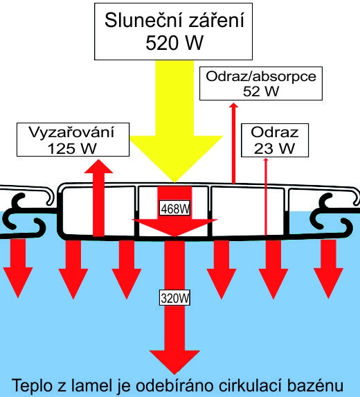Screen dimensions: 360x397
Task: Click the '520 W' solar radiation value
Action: [174, 43]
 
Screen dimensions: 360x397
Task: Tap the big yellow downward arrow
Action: [176, 121]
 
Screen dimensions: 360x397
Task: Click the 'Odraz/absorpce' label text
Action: [261, 76]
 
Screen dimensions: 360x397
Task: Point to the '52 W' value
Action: [261, 91]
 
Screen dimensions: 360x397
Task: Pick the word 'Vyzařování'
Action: [71, 132]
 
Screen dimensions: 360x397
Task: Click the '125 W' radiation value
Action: [72, 148]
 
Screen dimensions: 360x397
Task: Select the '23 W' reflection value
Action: [274, 148]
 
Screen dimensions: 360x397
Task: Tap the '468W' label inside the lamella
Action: [175, 209]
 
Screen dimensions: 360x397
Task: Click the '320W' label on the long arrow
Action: [175, 298]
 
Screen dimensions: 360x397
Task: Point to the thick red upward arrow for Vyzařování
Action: [98, 197]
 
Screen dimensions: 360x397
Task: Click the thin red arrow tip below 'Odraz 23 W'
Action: [266, 159]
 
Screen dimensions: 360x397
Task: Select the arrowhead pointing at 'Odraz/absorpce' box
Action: [233, 105]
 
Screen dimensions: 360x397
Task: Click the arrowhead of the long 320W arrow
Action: [174, 362]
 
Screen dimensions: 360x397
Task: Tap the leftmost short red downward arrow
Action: [18, 268]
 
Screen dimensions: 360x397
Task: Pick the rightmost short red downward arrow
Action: [328, 269]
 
